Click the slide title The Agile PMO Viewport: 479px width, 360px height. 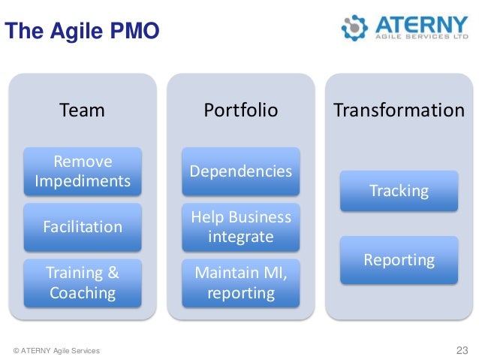(x=82, y=32)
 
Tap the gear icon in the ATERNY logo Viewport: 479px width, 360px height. (x=354, y=27)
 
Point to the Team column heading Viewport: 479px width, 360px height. (x=82, y=110)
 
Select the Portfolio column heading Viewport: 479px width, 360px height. (x=241, y=110)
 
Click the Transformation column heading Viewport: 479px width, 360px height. (x=399, y=110)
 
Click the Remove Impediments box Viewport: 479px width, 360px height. (x=83, y=172)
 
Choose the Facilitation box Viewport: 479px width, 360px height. (x=83, y=226)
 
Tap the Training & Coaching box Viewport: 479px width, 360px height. (x=83, y=282)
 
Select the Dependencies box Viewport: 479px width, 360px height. (x=241, y=172)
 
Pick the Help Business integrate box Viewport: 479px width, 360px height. (x=241, y=227)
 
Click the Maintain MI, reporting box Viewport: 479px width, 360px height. (x=241, y=282)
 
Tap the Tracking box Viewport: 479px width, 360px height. (x=399, y=191)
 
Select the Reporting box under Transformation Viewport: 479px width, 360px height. (x=399, y=260)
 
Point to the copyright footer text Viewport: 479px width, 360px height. (x=56, y=351)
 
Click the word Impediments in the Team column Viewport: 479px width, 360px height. (x=83, y=181)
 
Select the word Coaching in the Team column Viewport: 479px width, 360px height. (x=83, y=292)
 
